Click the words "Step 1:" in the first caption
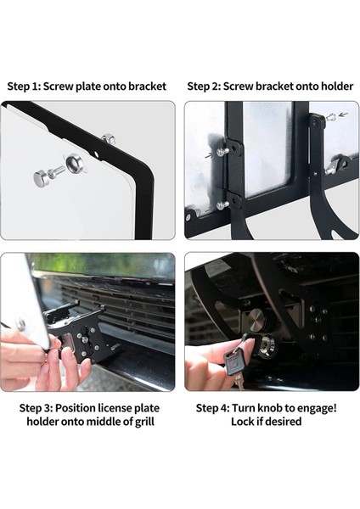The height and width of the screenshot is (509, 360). [24, 87]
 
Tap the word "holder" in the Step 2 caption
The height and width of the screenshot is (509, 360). [337, 87]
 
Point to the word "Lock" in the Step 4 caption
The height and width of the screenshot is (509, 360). [242, 422]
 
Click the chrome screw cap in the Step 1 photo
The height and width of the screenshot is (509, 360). [41, 177]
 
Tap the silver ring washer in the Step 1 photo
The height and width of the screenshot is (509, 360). [74, 163]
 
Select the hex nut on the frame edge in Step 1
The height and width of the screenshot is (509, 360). [109, 139]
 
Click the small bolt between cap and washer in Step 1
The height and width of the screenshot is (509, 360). [56, 171]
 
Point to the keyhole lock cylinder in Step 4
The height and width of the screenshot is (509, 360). [267, 346]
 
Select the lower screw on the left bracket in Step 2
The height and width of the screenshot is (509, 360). [222, 204]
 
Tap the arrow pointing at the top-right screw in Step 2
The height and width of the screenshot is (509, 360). [343, 115]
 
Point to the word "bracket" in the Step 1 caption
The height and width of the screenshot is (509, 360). [147, 87]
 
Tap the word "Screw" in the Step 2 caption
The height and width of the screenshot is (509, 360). [238, 87]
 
